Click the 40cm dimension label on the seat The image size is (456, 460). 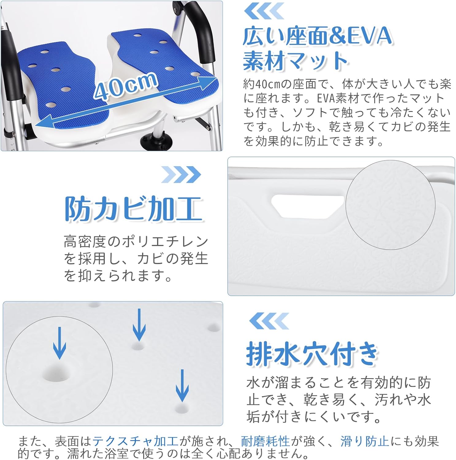[126, 86]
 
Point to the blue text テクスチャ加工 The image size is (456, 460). [135, 441]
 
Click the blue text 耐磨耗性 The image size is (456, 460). [265, 441]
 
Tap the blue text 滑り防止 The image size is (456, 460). [365, 441]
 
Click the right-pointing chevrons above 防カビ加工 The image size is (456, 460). [181, 174]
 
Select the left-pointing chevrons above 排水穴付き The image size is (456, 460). [269, 321]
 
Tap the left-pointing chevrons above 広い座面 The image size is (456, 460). [264, 11]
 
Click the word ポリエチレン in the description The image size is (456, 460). [166, 242]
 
